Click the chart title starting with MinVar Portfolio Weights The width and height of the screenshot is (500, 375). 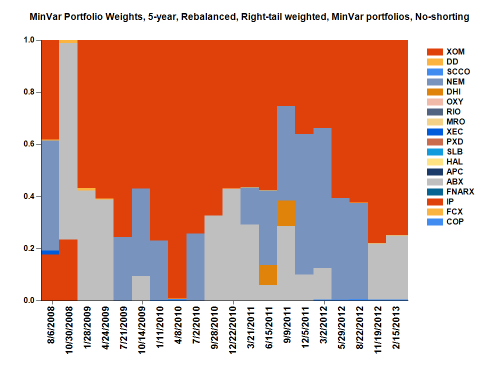(x=249, y=17)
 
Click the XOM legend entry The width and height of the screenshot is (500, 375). (x=455, y=51)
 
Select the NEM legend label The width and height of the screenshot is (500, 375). (x=455, y=81)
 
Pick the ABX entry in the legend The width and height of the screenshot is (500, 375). (x=455, y=181)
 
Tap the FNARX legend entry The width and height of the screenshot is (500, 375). (x=460, y=191)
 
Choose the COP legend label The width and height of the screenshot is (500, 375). (x=455, y=221)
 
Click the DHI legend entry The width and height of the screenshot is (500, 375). (x=453, y=91)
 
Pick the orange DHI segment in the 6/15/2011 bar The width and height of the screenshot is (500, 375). (x=268, y=274)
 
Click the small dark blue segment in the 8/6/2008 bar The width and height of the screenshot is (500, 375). (x=50, y=252)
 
